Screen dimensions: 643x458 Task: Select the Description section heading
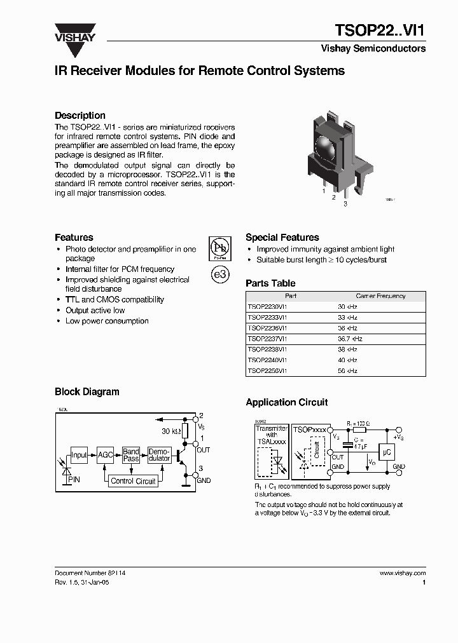(80, 116)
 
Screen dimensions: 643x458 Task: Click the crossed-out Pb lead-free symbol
(219, 248)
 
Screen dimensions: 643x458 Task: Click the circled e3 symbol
(219, 274)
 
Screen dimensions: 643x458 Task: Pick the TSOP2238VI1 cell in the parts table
(267, 349)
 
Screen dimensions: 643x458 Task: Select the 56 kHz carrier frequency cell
(347, 370)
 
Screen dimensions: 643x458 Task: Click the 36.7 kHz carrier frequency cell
(350, 339)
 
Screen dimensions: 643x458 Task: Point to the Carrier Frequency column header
(380, 296)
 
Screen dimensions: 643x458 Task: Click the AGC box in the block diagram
(105, 455)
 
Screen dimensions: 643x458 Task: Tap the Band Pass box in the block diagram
(131, 454)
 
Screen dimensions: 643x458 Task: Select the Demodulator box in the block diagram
(159, 454)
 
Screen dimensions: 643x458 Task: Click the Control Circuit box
(133, 481)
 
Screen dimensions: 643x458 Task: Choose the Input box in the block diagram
(79, 455)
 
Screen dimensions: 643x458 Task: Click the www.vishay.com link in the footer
(402, 573)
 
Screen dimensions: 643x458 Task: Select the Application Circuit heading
(287, 402)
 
